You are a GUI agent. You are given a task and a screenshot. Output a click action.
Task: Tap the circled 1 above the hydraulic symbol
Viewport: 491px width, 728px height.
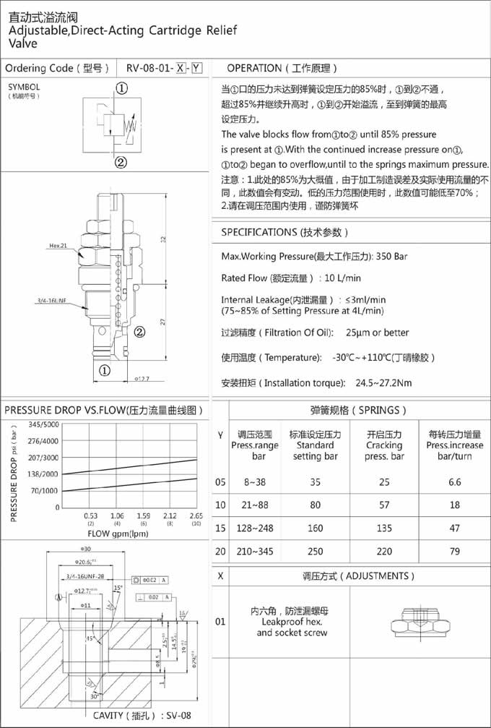[122, 88]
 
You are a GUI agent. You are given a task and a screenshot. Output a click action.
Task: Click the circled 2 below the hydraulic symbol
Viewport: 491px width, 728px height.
[122, 161]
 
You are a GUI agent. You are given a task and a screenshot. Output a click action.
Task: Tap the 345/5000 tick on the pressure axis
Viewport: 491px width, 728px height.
[43, 424]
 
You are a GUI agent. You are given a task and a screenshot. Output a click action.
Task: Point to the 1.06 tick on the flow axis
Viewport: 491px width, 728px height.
[117, 515]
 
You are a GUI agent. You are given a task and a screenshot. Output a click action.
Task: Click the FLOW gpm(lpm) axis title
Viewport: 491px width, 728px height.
[118, 534]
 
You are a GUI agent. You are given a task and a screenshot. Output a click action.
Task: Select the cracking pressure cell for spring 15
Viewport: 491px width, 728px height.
[383, 528]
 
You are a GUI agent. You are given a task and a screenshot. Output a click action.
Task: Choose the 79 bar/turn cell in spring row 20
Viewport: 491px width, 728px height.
[455, 552]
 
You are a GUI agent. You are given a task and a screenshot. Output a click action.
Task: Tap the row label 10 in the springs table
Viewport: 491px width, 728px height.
[220, 505]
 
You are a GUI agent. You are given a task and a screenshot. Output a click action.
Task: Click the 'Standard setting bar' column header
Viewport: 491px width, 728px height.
[315, 445]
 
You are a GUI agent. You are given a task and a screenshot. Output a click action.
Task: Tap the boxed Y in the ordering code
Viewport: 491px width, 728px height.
[196, 69]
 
